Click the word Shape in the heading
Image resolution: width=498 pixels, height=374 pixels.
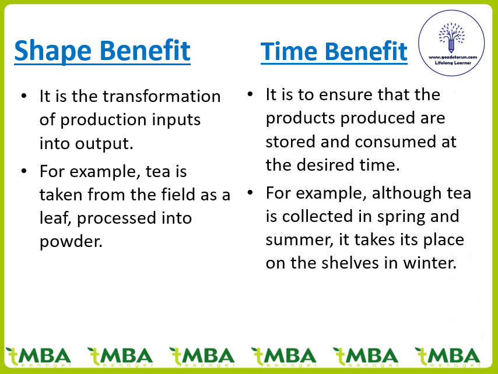coord(52,51)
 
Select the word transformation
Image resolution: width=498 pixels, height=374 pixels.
coord(162,96)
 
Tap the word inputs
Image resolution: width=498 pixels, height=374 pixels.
coord(176,120)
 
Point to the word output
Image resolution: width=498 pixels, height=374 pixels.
coord(104,144)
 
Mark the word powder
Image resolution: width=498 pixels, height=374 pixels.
coord(71,242)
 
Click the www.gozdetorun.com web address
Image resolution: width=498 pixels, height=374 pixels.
coord(453,57)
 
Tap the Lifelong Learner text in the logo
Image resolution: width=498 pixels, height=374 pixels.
coord(453,63)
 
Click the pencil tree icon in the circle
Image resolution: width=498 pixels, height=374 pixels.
coord(451,37)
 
